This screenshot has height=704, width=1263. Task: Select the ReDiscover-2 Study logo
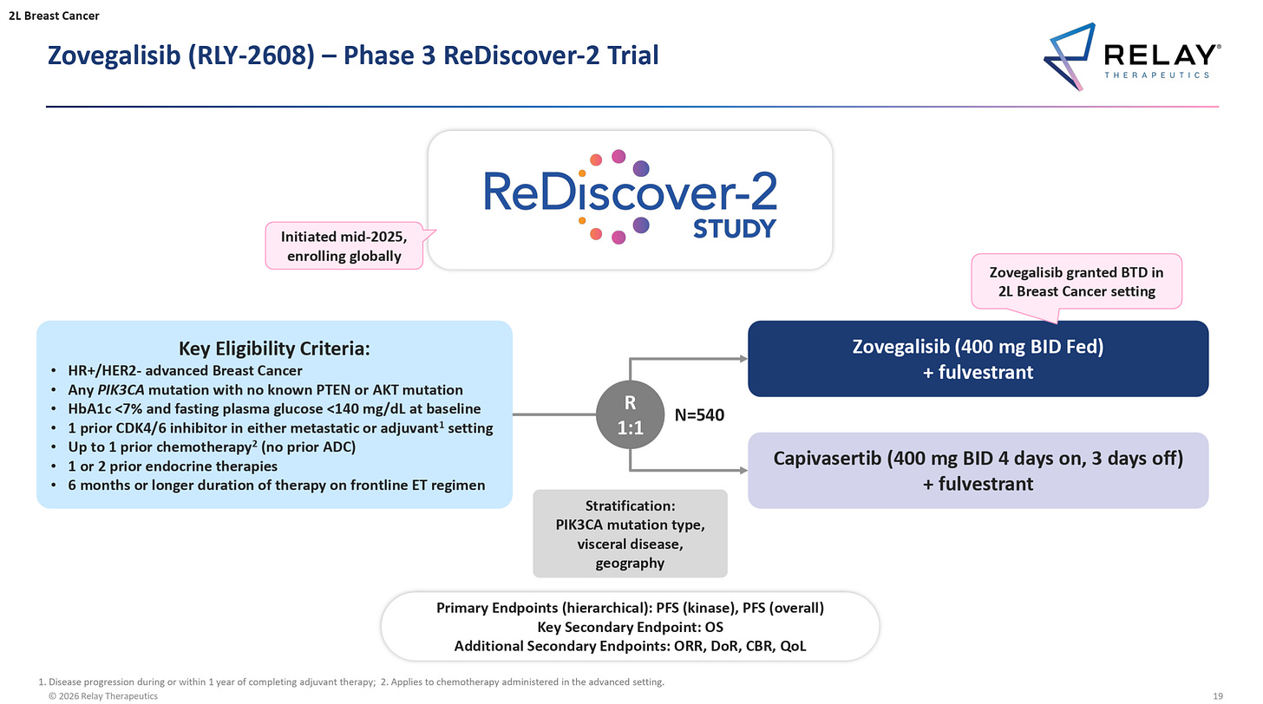[x=630, y=199]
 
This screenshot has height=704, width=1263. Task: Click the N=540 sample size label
[x=699, y=416]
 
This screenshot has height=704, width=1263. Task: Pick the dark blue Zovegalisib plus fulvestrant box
[x=978, y=359]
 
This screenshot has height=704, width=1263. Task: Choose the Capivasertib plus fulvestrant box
[x=978, y=470]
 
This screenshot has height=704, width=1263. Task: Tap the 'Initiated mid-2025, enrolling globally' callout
[x=343, y=245]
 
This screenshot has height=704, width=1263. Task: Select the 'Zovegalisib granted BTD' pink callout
[x=1076, y=281]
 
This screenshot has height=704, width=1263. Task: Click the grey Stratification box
[x=630, y=533]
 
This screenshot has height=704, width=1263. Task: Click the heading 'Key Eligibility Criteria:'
[x=274, y=349]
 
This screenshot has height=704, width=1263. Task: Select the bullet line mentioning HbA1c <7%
[x=274, y=408]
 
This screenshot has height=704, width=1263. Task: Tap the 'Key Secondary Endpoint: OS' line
[x=630, y=626]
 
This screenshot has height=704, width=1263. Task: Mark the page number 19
[x=1218, y=695]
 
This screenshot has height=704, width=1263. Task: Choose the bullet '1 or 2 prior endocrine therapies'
[x=173, y=466]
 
